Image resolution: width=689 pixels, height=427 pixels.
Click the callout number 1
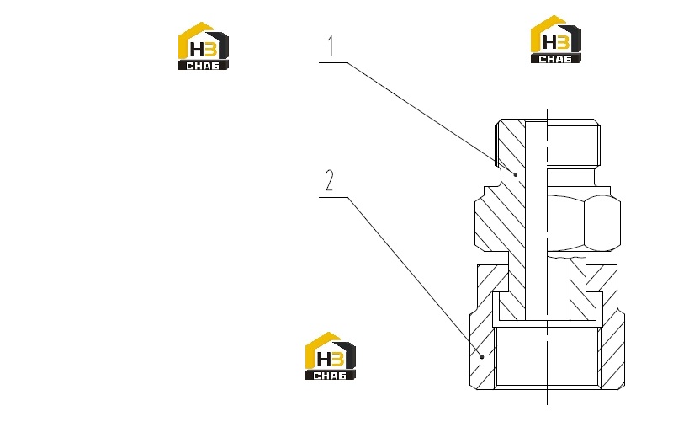tap(331, 46)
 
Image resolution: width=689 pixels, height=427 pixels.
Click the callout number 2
tap(330, 180)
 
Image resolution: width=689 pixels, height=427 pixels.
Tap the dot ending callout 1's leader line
tap(516, 174)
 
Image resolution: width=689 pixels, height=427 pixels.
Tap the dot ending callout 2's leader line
tap(482, 356)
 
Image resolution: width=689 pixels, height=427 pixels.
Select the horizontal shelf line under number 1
tap(333, 62)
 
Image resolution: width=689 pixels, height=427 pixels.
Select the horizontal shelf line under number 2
tap(333, 197)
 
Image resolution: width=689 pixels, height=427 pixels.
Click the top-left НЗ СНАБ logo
tap(204, 46)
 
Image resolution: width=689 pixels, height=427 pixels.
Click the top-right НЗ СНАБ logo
tap(556, 40)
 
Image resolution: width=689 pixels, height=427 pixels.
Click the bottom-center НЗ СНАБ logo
tap(331, 356)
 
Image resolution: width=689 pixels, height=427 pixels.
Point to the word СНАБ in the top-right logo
tap(555, 59)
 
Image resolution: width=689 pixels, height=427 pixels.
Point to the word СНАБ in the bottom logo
tap(330, 376)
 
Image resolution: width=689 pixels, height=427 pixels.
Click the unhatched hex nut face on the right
tap(584, 223)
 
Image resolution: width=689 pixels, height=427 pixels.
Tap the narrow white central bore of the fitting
tap(536, 220)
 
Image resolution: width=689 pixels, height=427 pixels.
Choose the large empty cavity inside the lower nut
tap(547, 356)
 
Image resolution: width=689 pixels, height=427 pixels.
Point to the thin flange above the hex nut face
tap(579, 190)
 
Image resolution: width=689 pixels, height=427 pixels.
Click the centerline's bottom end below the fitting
tap(547, 404)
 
